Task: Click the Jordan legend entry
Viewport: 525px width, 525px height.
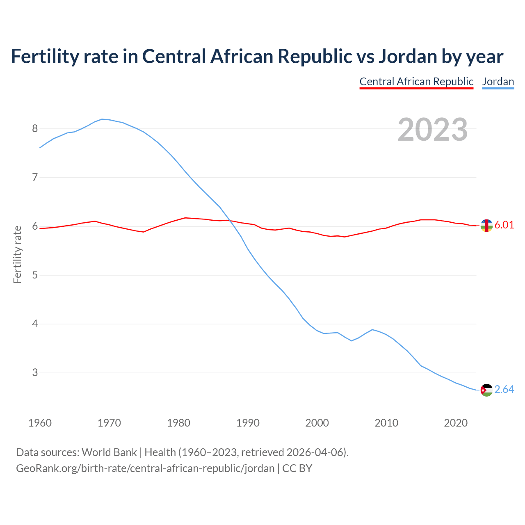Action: (x=498, y=82)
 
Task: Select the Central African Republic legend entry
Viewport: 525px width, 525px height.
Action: (x=416, y=82)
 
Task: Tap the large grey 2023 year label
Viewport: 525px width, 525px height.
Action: (x=432, y=130)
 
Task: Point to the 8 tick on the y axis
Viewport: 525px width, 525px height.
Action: (x=35, y=129)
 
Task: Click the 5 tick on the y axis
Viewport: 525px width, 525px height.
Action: (x=35, y=275)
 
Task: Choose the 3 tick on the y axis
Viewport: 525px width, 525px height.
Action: (x=35, y=373)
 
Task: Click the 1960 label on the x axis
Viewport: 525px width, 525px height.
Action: (x=40, y=423)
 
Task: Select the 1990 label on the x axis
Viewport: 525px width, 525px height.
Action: (x=248, y=423)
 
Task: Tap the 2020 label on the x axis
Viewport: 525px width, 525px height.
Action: (x=456, y=423)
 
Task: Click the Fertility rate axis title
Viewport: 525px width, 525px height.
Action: (x=17, y=254)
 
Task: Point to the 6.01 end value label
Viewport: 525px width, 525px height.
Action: (x=504, y=225)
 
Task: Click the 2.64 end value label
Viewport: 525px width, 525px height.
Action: (x=504, y=389)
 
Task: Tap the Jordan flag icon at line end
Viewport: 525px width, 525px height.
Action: (x=486, y=390)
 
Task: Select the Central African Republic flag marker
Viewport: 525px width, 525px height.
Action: (x=486, y=226)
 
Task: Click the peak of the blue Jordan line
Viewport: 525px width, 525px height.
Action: (x=102, y=119)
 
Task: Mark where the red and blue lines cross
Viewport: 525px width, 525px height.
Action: (x=228, y=220)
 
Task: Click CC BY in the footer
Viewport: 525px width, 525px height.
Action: (x=297, y=468)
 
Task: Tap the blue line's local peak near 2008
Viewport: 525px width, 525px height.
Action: (x=372, y=329)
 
